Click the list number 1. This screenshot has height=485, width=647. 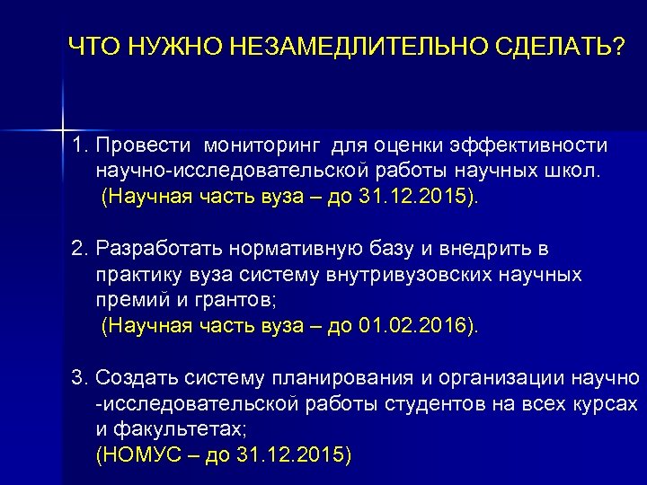(x=79, y=145)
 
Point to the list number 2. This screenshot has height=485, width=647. (x=79, y=248)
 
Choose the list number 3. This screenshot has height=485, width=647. (x=79, y=376)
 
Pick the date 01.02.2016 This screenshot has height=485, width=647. (x=412, y=325)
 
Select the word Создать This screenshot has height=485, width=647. (x=134, y=376)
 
